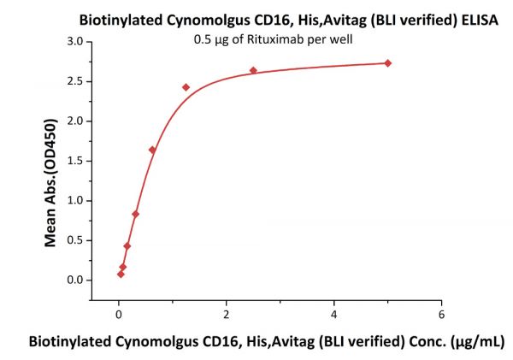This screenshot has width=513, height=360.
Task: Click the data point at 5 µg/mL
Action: point(388,63)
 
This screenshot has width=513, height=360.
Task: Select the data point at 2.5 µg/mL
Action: point(253,70)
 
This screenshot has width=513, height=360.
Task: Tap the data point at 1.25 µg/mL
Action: point(186,87)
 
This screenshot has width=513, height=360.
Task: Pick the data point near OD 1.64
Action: point(152,150)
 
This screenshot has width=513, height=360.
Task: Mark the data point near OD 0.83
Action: point(135,214)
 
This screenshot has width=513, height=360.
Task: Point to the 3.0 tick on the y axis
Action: point(75,41)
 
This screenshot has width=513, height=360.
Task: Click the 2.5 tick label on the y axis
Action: point(75,81)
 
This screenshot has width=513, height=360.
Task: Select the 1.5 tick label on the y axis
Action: point(75,161)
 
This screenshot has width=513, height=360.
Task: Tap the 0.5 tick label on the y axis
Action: point(75,240)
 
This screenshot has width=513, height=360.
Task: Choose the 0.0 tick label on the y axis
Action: point(75,280)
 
